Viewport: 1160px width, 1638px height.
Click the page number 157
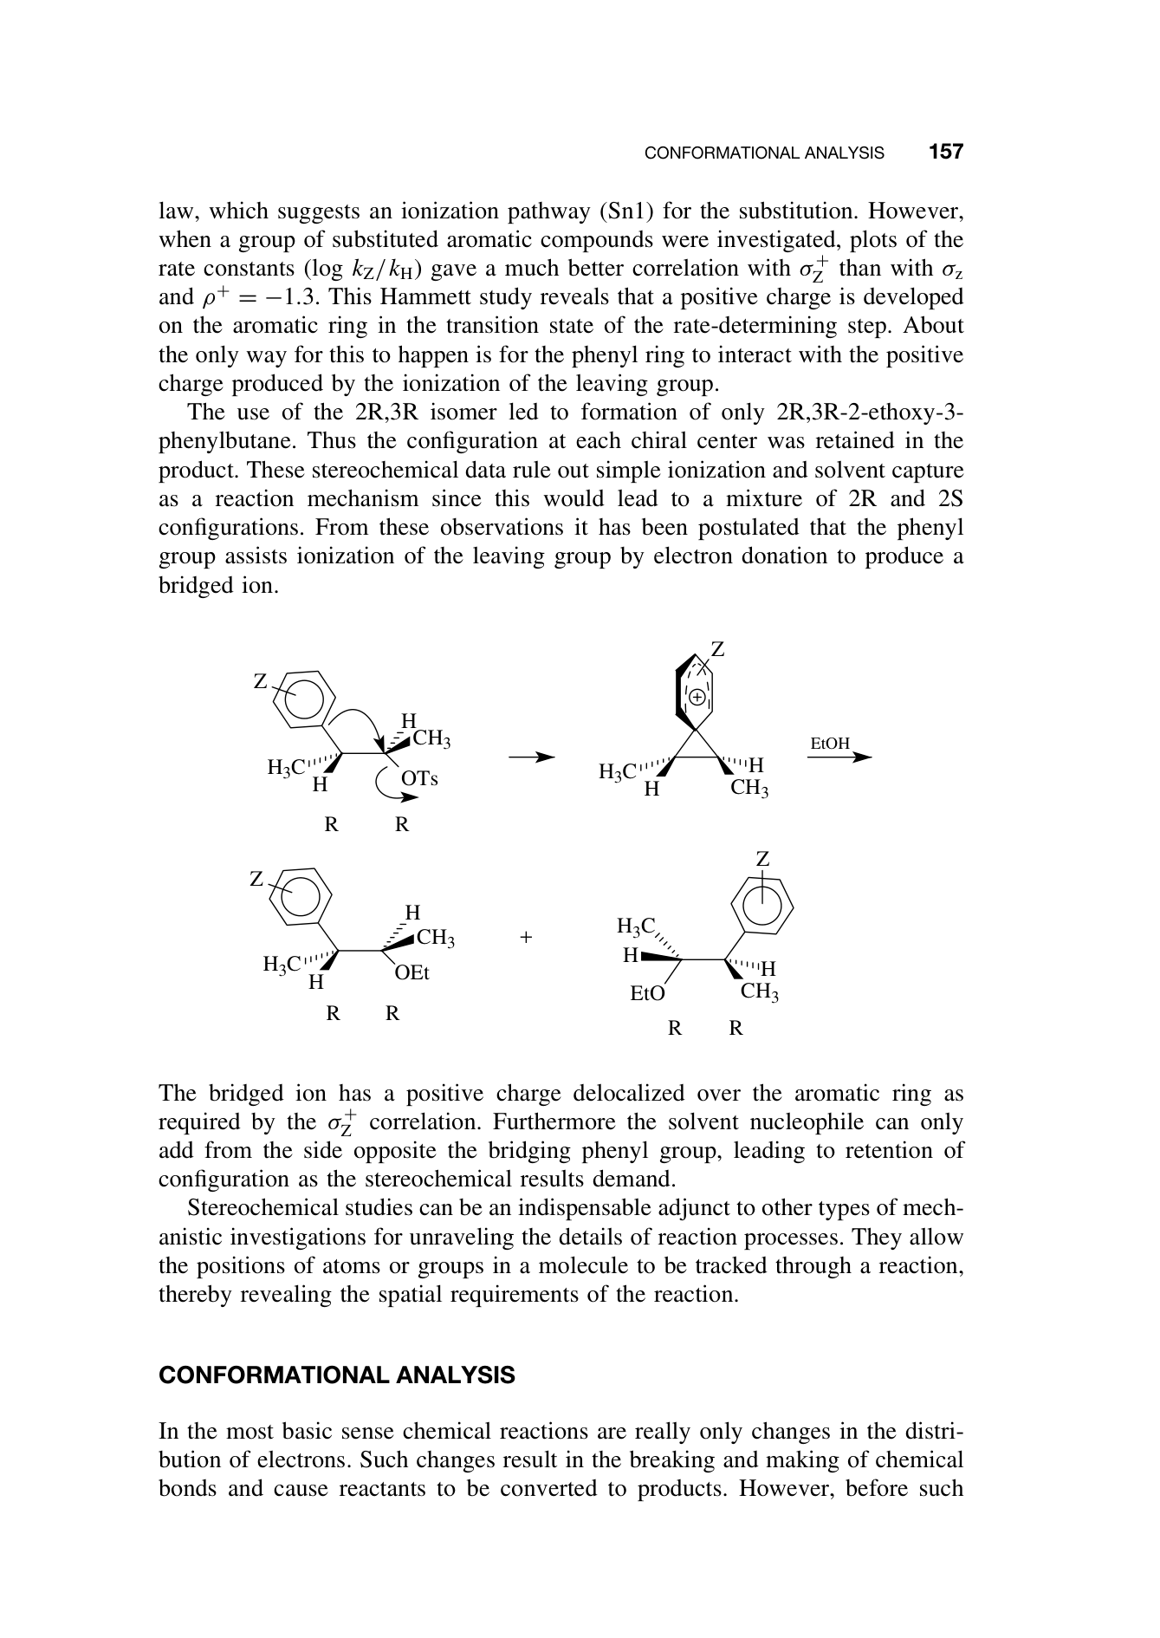(945, 153)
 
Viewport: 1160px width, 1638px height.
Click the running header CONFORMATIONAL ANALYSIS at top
(764, 153)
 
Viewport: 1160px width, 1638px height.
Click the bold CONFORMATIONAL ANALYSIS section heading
(336, 1375)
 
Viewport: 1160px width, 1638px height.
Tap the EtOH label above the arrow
(829, 744)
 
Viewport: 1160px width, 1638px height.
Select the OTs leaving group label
(420, 778)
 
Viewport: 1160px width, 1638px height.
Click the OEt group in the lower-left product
(412, 973)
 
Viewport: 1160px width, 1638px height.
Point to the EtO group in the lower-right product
(647, 994)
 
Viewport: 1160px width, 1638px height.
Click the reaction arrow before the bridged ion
(531, 757)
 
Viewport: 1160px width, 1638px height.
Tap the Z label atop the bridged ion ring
(717, 649)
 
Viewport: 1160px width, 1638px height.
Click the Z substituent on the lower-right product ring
(762, 859)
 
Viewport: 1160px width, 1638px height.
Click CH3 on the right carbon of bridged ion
(749, 788)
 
